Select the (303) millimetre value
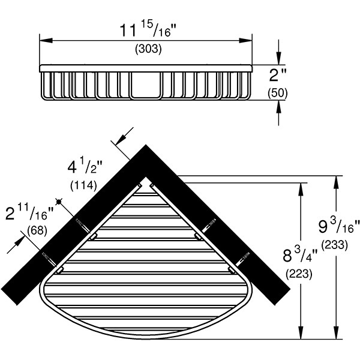point(146,50)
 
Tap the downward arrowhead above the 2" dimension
point(279,58)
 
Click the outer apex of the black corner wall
point(146,145)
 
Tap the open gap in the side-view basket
point(145,83)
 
